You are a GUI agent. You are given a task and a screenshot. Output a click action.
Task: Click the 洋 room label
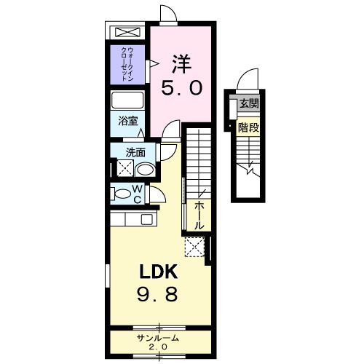click(x=181, y=63)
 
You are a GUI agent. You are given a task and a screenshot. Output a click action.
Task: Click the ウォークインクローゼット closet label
click(x=128, y=63)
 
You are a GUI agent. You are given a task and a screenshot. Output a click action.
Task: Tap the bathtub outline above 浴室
click(x=129, y=100)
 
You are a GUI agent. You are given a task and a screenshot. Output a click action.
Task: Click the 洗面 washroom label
click(x=135, y=152)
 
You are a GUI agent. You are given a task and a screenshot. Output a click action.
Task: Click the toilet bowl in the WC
click(x=121, y=194)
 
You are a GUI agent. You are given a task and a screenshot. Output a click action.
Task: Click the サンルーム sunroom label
click(x=158, y=339)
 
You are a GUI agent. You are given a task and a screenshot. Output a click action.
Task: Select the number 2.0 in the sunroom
click(x=158, y=348)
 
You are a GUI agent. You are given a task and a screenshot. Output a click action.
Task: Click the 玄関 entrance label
click(x=248, y=103)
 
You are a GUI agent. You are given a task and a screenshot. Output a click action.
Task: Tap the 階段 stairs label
click(x=248, y=127)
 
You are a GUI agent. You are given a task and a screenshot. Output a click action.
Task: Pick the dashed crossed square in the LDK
click(x=194, y=248)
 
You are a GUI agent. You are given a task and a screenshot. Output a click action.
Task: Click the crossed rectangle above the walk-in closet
click(x=128, y=33)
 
